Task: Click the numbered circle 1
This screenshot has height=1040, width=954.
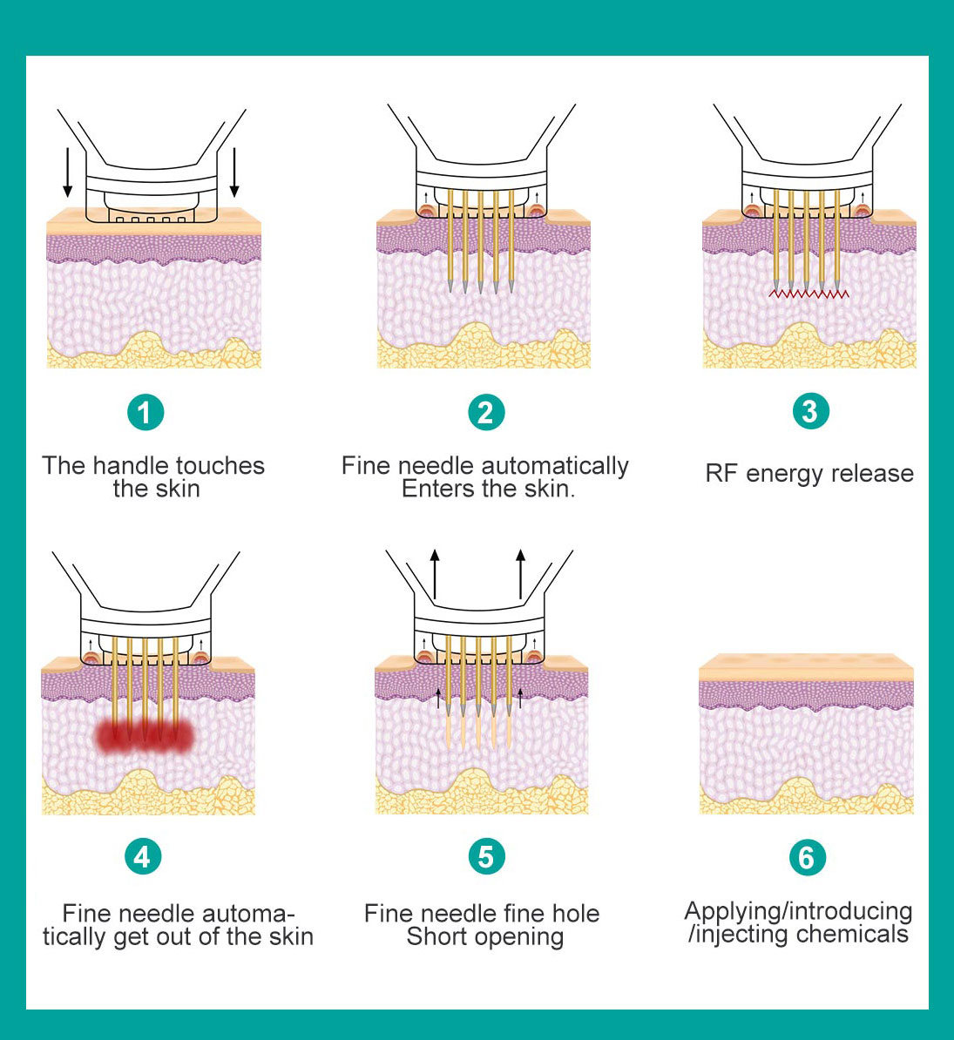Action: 145,412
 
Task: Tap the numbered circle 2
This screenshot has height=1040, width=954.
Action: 486,412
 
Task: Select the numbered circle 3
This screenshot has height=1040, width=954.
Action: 810,411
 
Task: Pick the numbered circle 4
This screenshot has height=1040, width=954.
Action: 142,857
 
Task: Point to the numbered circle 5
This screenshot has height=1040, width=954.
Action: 486,857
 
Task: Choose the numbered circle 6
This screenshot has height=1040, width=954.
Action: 807,858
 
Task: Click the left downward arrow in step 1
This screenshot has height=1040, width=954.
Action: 68,173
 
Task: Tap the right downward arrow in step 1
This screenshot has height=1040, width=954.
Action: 233,173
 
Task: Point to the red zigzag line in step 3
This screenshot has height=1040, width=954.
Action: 809,294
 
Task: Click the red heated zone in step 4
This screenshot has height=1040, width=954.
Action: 144,737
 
